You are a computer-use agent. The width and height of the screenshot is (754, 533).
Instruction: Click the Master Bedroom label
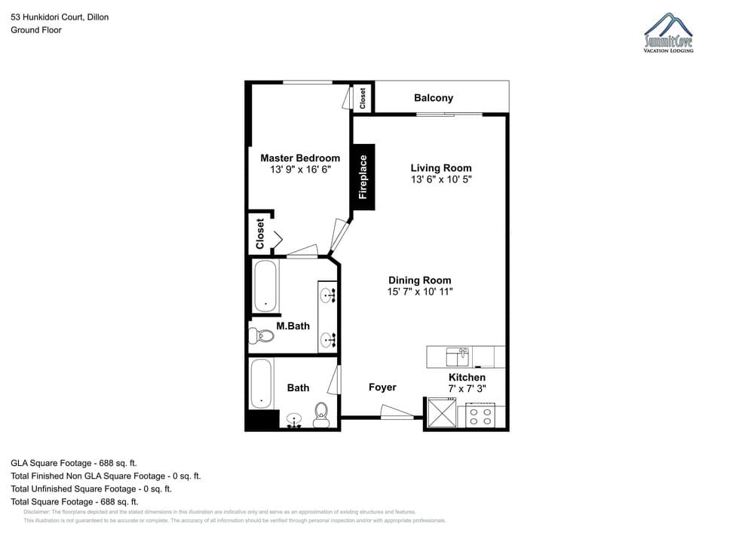click(x=300, y=158)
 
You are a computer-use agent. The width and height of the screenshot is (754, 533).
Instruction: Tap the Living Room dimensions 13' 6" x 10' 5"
click(x=441, y=179)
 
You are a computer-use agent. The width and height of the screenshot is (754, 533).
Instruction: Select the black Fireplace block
click(x=363, y=176)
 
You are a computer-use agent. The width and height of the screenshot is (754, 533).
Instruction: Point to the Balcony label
click(x=434, y=98)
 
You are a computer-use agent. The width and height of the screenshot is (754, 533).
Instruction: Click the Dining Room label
click(x=420, y=280)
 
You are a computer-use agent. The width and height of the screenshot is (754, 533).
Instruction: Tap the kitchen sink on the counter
click(x=458, y=355)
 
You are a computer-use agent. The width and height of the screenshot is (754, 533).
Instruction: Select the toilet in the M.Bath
click(x=262, y=336)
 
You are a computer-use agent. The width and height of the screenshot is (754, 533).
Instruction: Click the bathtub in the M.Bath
click(x=265, y=286)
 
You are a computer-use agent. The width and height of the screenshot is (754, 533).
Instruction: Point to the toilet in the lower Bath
click(x=321, y=415)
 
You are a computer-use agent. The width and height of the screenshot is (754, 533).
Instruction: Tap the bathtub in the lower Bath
click(x=261, y=384)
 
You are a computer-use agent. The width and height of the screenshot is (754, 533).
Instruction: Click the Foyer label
click(x=382, y=387)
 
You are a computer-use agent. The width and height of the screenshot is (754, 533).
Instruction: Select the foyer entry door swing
click(x=400, y=412)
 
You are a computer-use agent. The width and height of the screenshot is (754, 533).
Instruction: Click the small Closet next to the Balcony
click(x=363, y=98)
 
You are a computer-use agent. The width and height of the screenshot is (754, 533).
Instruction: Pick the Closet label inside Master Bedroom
click(x=260, y=234)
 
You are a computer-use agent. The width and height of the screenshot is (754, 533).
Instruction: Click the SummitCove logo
click(x=668, y=33)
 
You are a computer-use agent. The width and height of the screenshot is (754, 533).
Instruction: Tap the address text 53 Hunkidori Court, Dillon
click(x=60, y=17)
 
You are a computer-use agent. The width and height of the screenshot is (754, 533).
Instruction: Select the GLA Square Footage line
click(x=74, y=463)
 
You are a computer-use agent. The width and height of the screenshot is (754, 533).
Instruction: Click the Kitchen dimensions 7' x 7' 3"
click(x=467, y=389)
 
